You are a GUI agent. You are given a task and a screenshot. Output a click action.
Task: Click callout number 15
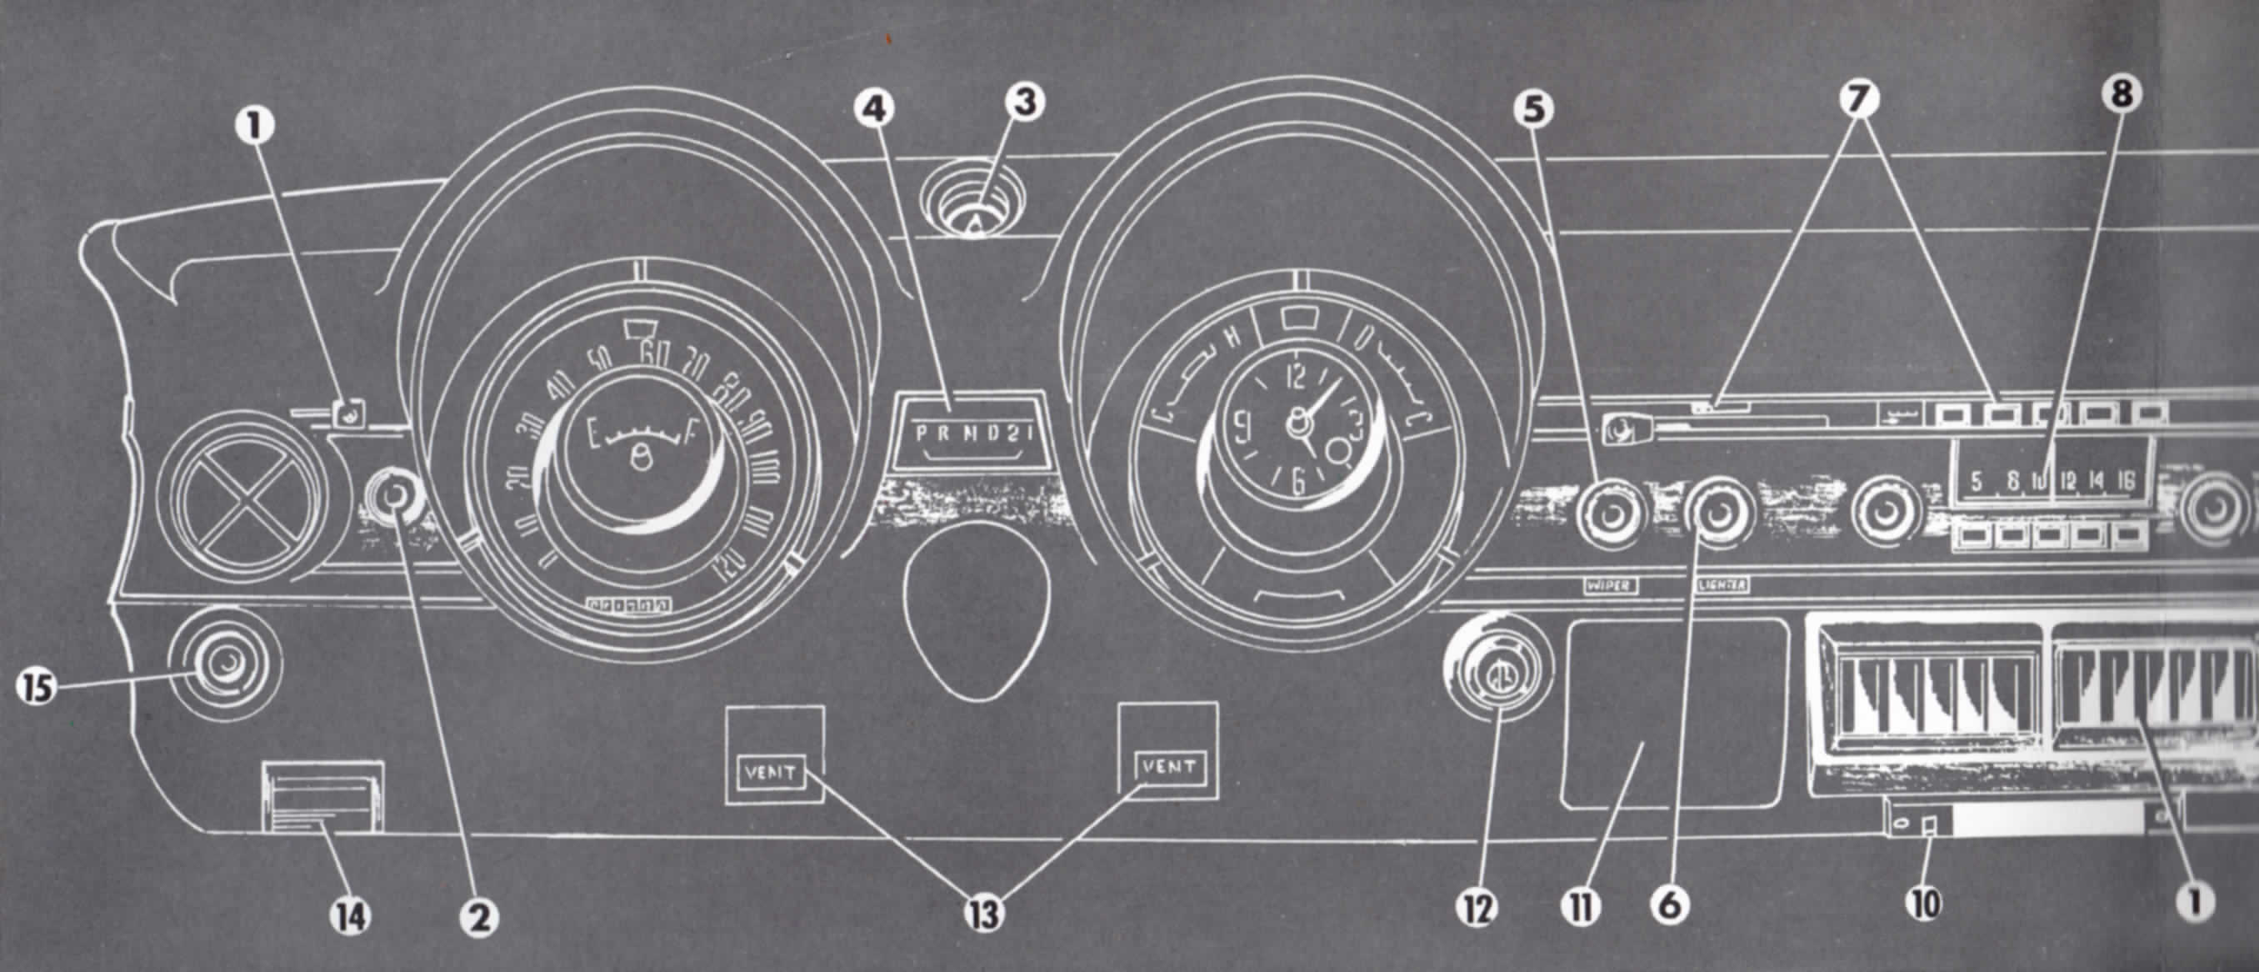click(x=35, y=687)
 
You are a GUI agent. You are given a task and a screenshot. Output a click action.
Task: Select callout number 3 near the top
click(x=1023, y=102)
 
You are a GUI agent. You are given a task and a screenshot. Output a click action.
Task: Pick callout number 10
click(x=1925, y=903)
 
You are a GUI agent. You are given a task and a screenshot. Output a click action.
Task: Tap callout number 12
click(x=1477, y=909)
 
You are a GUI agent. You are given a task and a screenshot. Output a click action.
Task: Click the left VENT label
click(x=770, y=773)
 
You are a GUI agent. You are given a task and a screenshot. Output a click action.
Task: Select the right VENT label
click(x=1169, y=768)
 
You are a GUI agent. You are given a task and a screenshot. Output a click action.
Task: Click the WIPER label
click(x=1610, y=585)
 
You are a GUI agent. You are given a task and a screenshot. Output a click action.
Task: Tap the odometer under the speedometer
click(x=629, y=604)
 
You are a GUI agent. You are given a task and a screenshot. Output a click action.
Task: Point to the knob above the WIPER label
click(x=1610, y=516)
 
